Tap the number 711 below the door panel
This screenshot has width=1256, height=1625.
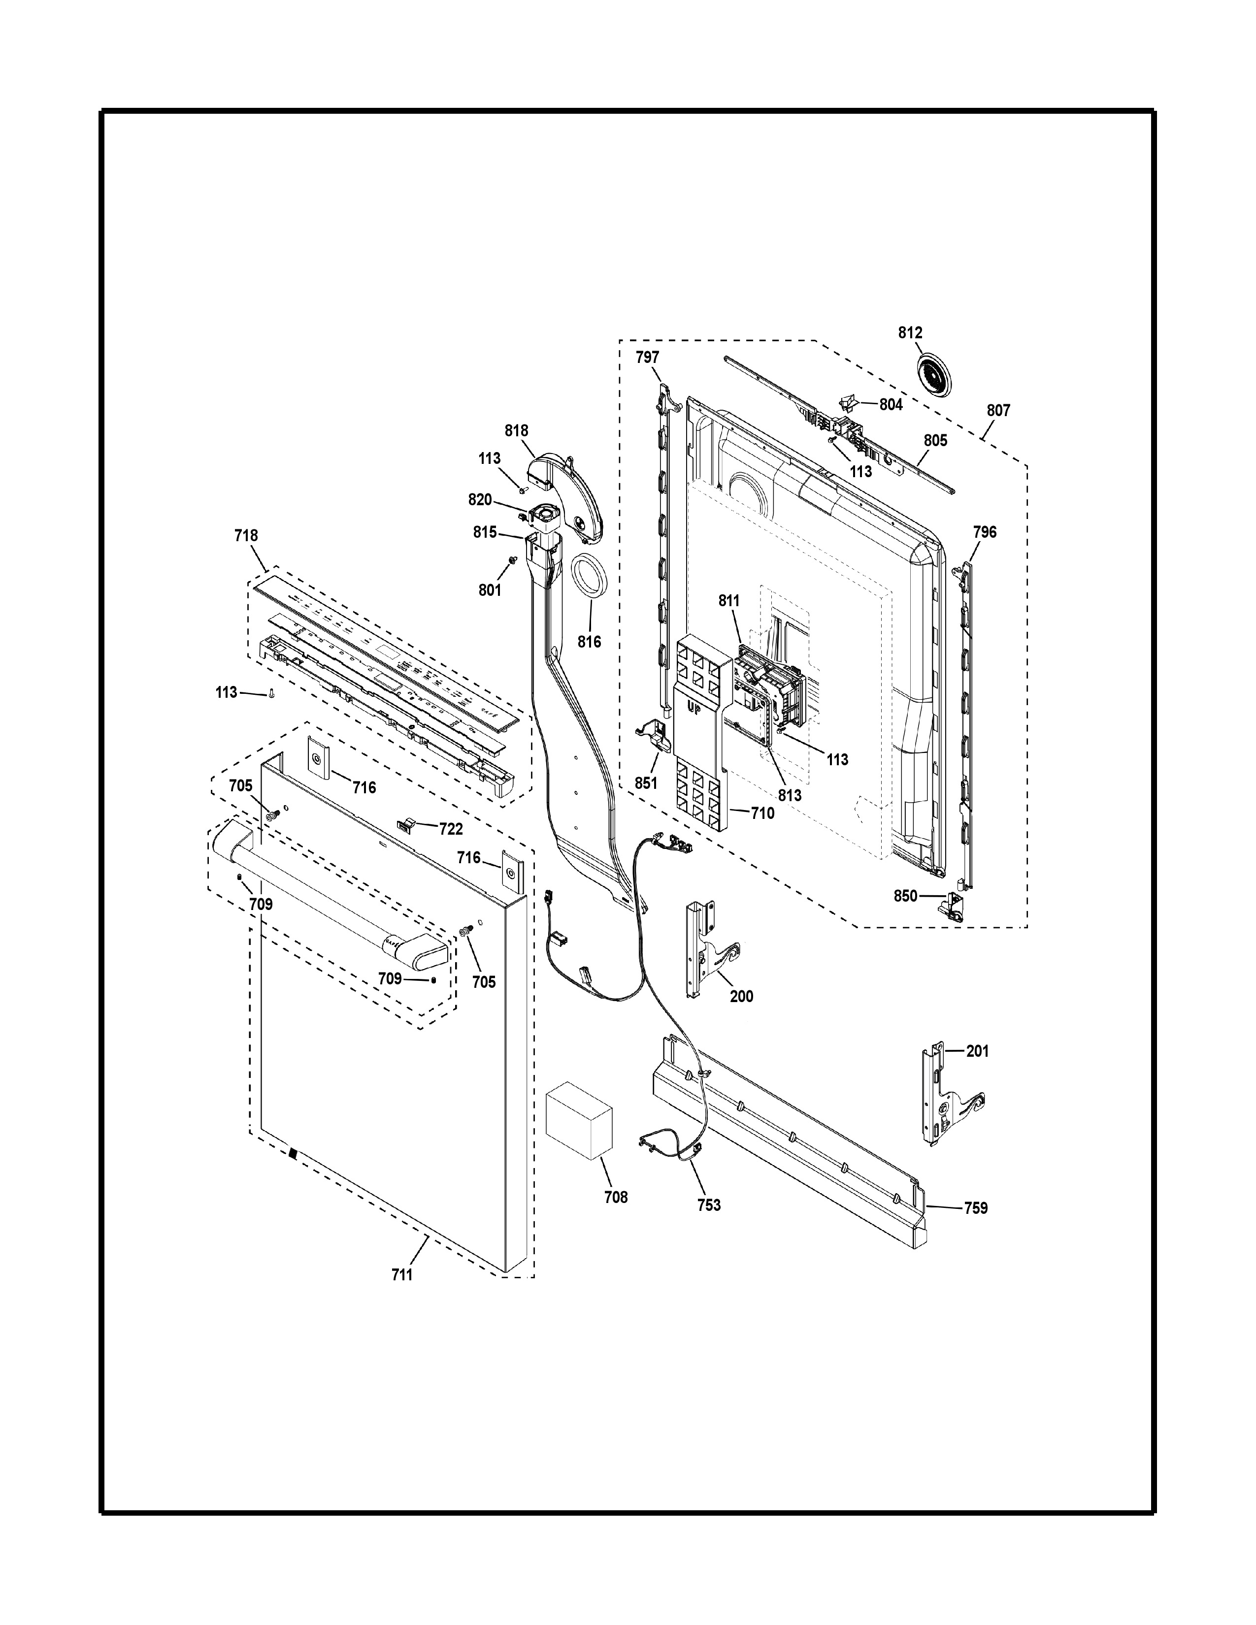click(402, 1274)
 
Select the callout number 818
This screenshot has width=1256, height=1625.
click(516, 430)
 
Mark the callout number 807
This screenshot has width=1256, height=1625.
click(998, 410)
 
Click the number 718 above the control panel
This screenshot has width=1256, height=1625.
click(246, 535)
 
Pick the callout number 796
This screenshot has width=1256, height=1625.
click(985, 532)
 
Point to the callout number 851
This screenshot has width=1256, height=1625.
click(646, 783)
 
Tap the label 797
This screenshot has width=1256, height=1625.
click(647, 357)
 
